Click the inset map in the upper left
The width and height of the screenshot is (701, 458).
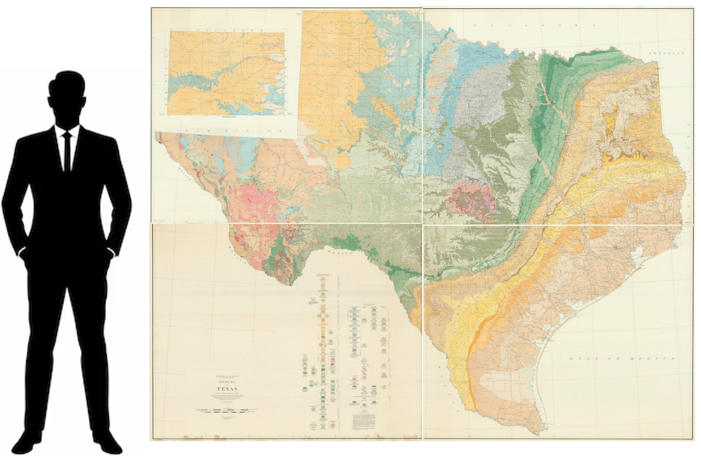[x=226, y=73]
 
